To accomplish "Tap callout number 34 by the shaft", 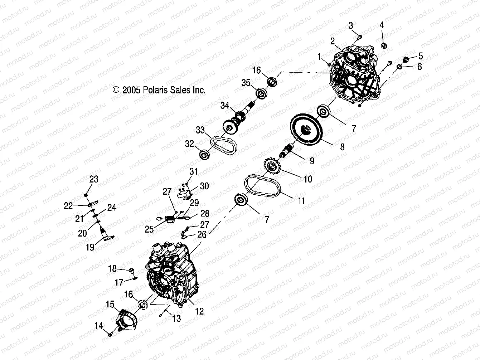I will [x=224, y=106].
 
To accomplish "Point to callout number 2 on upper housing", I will [x=332, y=40].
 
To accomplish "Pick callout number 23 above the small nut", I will [x=93, y=179].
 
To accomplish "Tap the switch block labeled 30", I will [x=185, y=193].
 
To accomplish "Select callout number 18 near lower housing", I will [x=112, y=268].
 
